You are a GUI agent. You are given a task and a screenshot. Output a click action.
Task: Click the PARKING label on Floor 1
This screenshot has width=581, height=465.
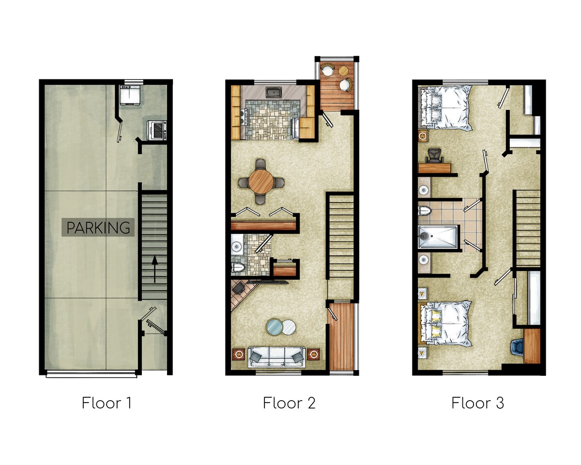point(98,228)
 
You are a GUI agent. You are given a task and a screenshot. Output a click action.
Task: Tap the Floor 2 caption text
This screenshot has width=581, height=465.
point(289,403)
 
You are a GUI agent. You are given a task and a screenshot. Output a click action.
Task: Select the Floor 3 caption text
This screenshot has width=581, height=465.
point(477,403)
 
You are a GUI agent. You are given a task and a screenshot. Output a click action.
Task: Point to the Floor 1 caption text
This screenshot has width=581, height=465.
point(107,403)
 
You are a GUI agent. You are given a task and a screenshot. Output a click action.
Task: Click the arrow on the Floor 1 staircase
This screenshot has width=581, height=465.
point(154,269)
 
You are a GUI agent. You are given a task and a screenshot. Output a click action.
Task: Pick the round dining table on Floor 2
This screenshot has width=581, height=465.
point(261,182)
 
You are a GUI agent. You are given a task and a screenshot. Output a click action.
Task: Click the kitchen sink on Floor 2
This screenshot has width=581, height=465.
point(274,92)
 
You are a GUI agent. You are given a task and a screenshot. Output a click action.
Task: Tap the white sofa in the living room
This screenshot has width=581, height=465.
point(277,357)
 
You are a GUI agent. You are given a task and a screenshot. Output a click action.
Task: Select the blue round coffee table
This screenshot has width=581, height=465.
point(275,327)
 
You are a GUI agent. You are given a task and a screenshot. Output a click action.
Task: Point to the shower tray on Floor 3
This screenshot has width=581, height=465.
point(438,237)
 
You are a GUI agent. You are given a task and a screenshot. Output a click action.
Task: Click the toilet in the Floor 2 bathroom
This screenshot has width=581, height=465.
point(238,268)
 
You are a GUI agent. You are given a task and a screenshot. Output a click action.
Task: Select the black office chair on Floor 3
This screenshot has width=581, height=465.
point(434,156)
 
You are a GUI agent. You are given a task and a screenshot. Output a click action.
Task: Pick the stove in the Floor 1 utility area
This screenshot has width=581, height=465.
point(156,130)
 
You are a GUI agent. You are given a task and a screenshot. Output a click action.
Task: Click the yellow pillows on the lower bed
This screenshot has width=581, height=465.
point(435,323)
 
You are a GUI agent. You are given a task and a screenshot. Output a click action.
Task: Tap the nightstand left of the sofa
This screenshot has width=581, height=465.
point(239,354)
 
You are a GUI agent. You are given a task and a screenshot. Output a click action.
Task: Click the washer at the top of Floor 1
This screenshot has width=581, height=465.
point(130,94)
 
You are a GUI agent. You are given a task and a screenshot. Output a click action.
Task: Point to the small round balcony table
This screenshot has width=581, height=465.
point(343,71)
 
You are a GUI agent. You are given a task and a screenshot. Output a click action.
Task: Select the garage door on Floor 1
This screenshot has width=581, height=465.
point(92,374)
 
